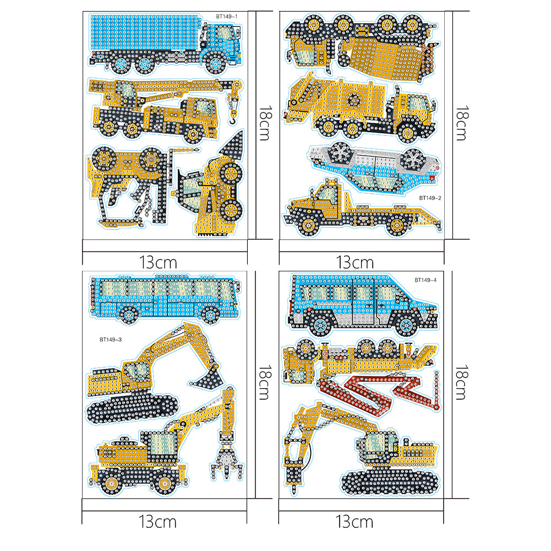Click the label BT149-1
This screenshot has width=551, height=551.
tap(227, 16)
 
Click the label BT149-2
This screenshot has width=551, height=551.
tap(430, 198)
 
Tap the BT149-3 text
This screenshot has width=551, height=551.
tap(111, 340)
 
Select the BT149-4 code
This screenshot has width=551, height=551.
tap(425, 280)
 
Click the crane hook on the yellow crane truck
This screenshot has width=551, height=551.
tap(232, 119)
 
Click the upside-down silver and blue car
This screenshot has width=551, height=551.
tap(375, 167)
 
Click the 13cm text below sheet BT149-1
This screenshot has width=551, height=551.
tap(158, 262)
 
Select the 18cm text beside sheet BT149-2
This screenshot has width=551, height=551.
tap(461, 123)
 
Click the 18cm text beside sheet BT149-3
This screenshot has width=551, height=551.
tap(264, 383)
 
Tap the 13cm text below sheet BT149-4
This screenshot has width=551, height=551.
tap(354, 521)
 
